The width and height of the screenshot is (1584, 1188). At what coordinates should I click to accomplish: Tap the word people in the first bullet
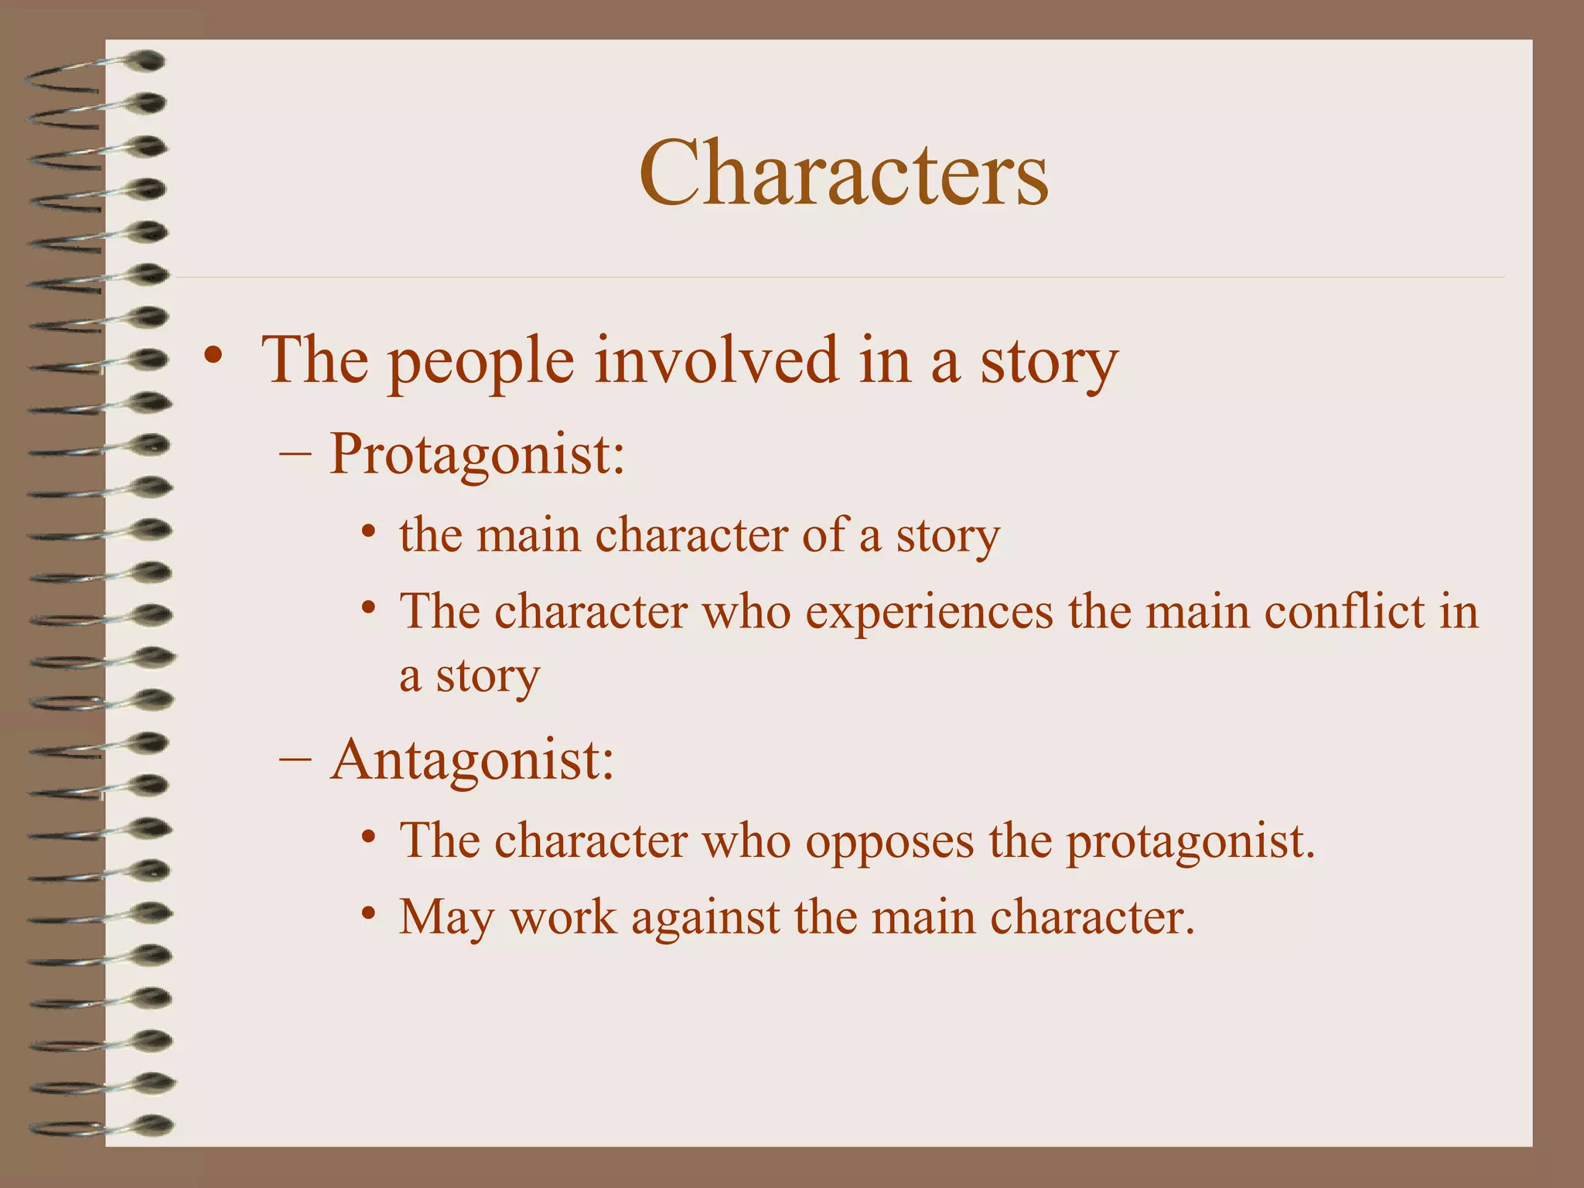[480, 361]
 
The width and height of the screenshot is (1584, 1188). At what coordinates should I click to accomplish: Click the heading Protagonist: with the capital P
[476, 454]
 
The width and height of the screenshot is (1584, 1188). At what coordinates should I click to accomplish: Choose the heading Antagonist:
[472, 760]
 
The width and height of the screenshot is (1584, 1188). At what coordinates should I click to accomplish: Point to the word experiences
[929, 613]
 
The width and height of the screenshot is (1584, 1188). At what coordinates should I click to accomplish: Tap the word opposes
[890, 841]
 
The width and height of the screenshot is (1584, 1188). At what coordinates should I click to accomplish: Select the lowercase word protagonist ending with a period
[1191, 841]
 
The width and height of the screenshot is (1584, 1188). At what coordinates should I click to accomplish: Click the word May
[446, 918]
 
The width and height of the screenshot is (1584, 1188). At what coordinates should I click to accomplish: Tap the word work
[563, 917]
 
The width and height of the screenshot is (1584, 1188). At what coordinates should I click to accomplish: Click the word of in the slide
[823, 534]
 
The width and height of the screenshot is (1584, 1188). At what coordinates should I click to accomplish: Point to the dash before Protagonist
[294, 454]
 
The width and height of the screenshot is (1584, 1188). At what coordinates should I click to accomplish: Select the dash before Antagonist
[294, 760]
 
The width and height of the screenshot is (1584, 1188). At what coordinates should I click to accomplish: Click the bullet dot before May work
[369, 913]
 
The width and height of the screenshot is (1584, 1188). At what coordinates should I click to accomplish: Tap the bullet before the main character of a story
[369, 531]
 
